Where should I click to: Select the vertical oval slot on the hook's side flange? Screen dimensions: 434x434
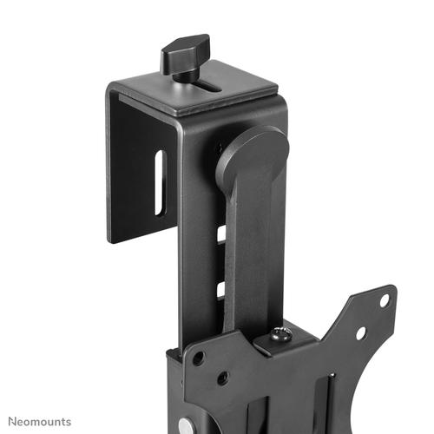click(x=158, y=182)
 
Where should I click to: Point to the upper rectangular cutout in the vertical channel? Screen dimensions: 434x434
click(x=221, y=233)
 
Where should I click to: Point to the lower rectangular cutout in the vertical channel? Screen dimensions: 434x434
click(x=221, y=289)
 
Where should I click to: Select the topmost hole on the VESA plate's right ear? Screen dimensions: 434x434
click(x=384, y=300)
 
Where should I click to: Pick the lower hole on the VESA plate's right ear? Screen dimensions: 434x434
click(x=360, y=332)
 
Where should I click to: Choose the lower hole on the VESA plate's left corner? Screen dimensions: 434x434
click(x=223, y=378)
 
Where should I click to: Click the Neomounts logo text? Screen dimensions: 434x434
click(x=36, y=421)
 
